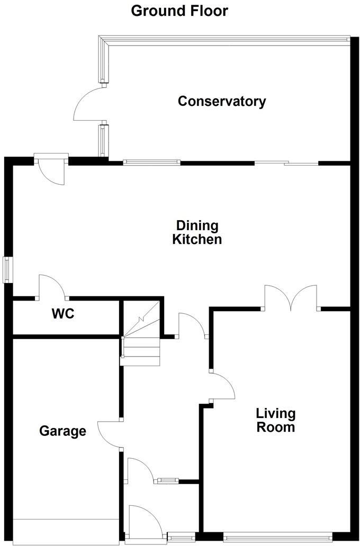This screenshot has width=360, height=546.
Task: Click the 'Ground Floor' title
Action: (179, 10)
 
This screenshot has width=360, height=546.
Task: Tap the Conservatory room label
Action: (221, 101)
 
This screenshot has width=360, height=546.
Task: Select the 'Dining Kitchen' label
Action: (197, 233)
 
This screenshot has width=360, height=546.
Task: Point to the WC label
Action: (63, 314)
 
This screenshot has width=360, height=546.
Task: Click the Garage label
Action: (62, 431)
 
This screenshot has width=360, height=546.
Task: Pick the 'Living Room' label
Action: (275, 420)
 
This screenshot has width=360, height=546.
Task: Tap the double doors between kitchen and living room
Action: (291, 298)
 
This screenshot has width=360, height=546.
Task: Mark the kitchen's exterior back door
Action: (52, 169)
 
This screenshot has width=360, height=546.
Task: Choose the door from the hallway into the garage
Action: (110, 434)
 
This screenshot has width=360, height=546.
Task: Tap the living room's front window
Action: (278, 539)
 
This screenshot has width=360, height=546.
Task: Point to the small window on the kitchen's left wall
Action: (8, 269)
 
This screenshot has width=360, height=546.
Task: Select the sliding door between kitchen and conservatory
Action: (286, 163)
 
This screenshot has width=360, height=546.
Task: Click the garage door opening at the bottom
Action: (66, 531)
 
